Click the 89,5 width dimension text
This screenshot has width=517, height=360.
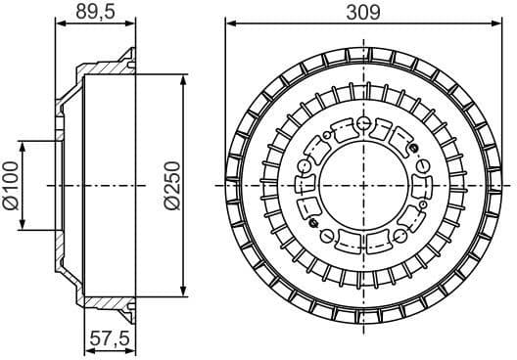coord(96,13)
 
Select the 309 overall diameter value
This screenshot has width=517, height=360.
coord(363,12)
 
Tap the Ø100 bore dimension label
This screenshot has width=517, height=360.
coord(11,185)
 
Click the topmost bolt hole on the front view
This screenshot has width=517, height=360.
coord(363,124)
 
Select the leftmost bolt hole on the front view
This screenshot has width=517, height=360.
coord(305,166)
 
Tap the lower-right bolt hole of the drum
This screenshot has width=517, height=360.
coord(400,236)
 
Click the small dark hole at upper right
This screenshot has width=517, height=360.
coord(413,148)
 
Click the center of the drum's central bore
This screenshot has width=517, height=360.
coord(363,184)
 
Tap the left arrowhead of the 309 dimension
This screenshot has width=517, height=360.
coord(230,23)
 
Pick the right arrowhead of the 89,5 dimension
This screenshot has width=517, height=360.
coord(130,24)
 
